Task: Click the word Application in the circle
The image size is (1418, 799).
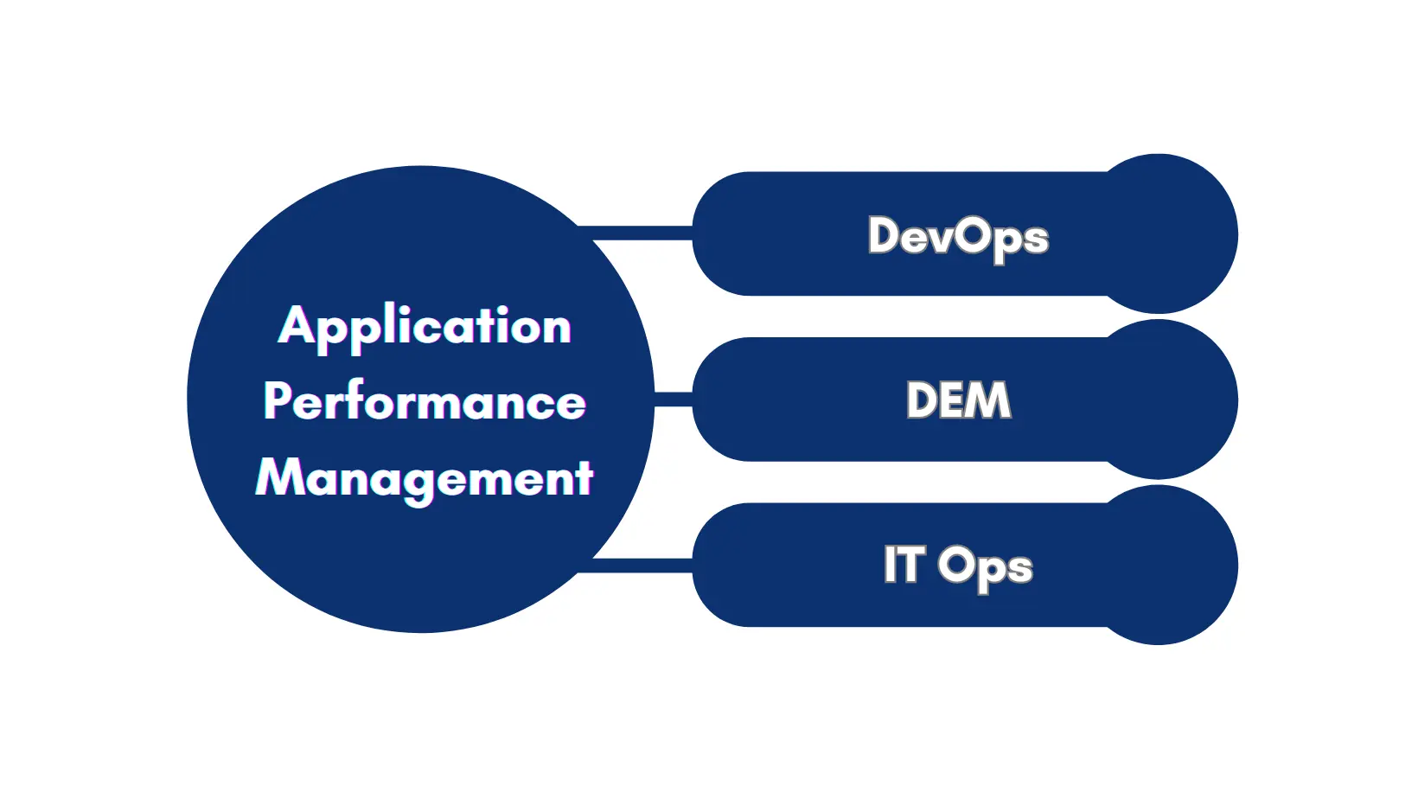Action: click(x=425, y=328)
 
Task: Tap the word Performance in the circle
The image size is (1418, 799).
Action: click(x=425, y=402)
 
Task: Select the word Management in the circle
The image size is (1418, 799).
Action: click(x=425, y=478)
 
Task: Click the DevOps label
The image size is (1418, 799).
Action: click(x=958, y=236)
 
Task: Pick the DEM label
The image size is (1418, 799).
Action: click(x=958, y=400)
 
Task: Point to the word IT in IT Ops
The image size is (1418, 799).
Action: click(x=904, y=565)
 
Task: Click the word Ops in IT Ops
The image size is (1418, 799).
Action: click(x=985, y=567)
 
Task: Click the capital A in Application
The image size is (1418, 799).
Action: click(x=296, y=325)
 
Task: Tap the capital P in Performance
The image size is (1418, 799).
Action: click(x=278, y=400)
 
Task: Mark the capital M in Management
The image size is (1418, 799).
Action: click(x=277, y=477)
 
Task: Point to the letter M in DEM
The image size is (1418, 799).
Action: click(x=989, y=400)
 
